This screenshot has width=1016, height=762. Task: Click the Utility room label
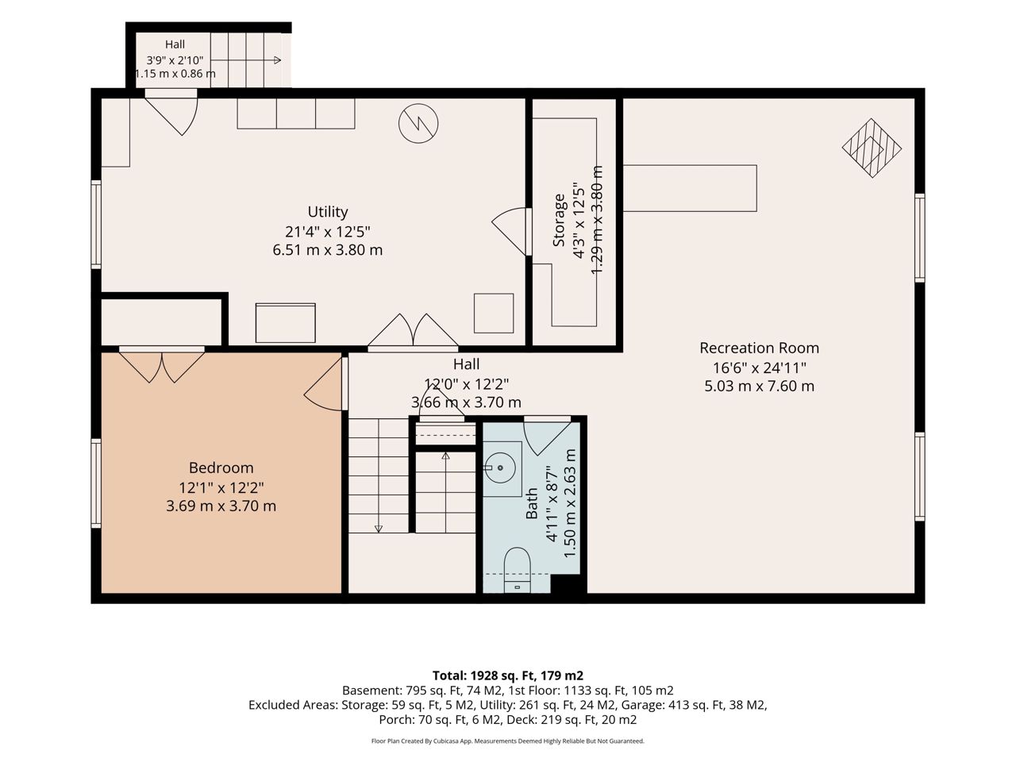[328, 212]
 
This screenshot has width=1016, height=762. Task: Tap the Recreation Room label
[759, 348]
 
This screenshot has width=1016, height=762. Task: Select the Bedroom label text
[221, 468]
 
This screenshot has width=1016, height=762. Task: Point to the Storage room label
[559, 220]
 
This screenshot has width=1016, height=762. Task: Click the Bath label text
[532, 504]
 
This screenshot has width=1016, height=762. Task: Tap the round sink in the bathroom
[500, 468]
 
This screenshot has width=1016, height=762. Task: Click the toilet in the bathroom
[517, 570]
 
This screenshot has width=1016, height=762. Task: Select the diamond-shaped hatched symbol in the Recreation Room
[872, 148]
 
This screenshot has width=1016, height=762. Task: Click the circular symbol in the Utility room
[418, 123]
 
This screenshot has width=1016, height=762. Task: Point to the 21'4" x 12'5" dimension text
[328, 231]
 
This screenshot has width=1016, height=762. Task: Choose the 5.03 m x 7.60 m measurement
[759, 386]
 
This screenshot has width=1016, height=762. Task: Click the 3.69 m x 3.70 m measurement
[221, 506]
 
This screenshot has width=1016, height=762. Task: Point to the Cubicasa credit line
[508, 741]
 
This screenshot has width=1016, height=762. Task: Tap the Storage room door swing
[509, 231]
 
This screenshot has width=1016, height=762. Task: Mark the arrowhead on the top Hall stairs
[277, 60]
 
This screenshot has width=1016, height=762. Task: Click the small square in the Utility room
[494, 314]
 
